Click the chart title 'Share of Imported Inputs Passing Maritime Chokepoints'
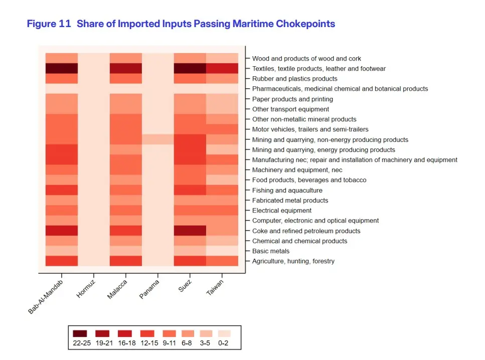[x=206, y=24]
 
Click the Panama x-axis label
[x=149, y=289]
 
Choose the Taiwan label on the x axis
[x=215, y=288]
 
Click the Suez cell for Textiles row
[x=190, y=68]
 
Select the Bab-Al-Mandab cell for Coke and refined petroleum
[x=62, y=231]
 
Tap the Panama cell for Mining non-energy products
[x=158, y=139]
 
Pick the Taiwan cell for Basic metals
[x=222, y=251]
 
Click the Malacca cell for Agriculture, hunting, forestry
[x=126, y=261]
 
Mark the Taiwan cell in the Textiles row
[x=222, y=68]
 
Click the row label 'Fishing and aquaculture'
[x=287, y=191]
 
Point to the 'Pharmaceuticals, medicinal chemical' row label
[x=340, y=89]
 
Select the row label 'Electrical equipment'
[x=281, y=211]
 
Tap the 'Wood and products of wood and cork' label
[x=306, y=59]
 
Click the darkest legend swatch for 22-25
[x=80, y=333]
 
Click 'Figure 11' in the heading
[x=49, y=24]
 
